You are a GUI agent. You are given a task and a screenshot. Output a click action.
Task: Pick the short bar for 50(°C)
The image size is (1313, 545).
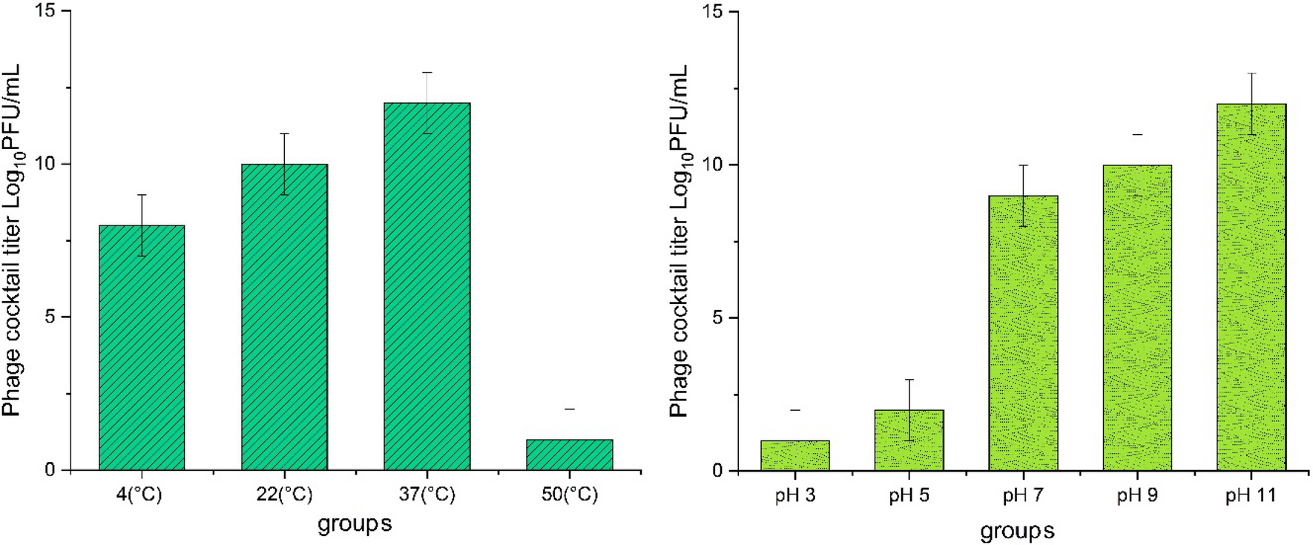point(569,455)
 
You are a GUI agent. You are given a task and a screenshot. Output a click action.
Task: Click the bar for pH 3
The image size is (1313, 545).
point(794,455)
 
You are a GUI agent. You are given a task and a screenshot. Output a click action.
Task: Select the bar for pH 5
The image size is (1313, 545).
point(909,440)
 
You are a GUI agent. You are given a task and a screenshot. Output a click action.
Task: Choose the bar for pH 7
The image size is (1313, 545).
point(1023,333)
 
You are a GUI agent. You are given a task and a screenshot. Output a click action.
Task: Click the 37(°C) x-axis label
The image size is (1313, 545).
point(427,495)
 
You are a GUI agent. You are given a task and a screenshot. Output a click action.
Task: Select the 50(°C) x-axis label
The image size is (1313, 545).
point(569,495)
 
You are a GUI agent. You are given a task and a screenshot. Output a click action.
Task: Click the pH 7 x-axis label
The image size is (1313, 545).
point(1023,495)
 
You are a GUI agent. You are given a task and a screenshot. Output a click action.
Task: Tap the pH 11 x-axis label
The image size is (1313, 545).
point(1251,495)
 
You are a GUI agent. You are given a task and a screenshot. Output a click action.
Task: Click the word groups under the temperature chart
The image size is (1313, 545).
point(355,524)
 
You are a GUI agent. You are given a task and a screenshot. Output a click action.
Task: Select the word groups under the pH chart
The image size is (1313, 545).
point(1017,531)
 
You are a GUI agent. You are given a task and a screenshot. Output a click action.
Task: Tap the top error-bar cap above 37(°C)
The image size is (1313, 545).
point(427,73)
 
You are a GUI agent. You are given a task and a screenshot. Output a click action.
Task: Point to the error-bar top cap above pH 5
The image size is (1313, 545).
point(909,380)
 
